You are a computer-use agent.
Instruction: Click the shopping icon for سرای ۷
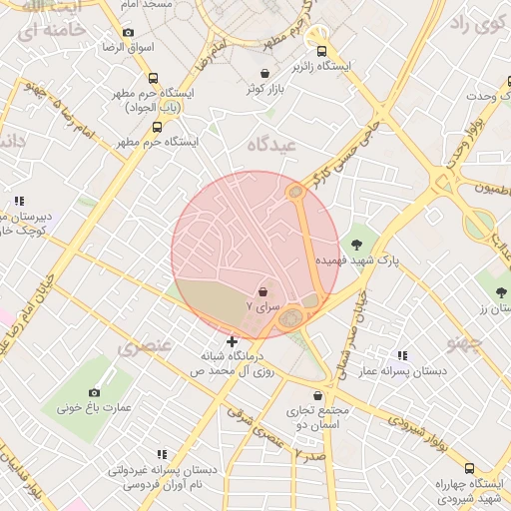[x=262, y=291]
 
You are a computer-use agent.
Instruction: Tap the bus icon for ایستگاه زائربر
[x=320, y=52]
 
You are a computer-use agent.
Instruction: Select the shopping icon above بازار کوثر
[x=264, y=73]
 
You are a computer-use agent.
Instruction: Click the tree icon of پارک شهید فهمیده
[x=357, y=243]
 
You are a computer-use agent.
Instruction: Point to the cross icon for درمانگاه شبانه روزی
[x=233, y=341]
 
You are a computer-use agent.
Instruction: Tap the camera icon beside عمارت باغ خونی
[x=94, y=392]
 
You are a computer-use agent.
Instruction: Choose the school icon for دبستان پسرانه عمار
[x=402, y=354]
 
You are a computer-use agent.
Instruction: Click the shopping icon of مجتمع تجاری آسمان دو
[x=318, y=395]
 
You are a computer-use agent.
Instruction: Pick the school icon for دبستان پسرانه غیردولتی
[x=162, y=454]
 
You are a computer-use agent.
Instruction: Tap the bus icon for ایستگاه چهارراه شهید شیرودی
[x=469, y=468]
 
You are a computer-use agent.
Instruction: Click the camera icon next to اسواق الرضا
[x=128, y=32]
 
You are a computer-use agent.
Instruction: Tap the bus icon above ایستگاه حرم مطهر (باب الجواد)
[x=153, y=78]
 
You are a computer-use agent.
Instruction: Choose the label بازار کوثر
[x=266, y=90]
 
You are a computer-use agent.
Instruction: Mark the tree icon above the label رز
[x=501, y=292]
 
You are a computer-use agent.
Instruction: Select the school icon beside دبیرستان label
[x=19, y=201]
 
